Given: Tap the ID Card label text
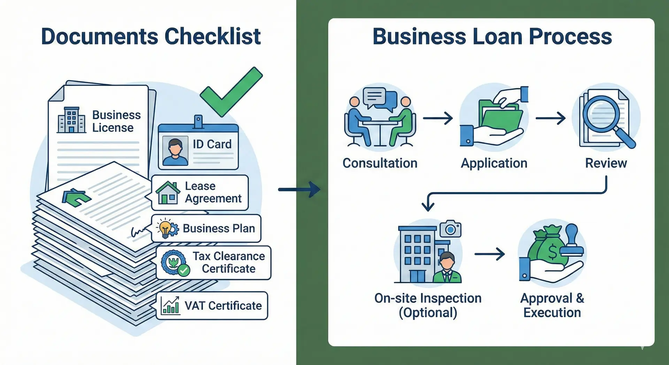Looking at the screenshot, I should click(x=212, y=144).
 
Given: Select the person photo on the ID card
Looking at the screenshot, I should click(x=175, y=151).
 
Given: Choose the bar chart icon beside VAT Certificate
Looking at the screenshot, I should click(x=170, y=306).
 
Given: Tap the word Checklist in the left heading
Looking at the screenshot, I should click(x=213, y=36).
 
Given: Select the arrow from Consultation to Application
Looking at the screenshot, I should click(x=438, y=119).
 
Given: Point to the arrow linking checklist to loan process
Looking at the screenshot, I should click(x=299, y=190).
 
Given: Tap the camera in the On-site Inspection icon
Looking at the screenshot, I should click(x=451, y=229).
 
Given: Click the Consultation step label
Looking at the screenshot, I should click(x=380, y=163).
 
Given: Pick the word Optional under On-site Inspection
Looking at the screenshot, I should click(x=428, y=313).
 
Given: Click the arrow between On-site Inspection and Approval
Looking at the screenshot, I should click(x=489, y=254).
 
